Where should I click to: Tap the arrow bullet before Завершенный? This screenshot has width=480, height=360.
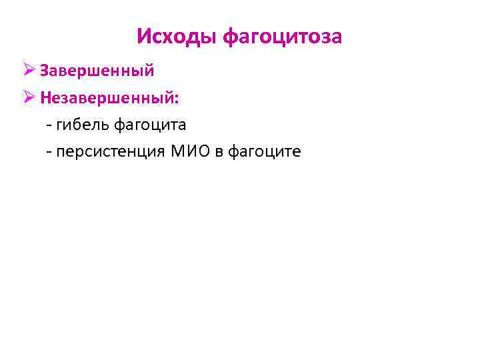coord(29,70)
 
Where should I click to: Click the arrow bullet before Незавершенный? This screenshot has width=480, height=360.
coord(29,97)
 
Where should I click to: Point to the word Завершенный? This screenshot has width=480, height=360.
coord(97,70)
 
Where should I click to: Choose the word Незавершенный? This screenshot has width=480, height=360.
coord(107,97)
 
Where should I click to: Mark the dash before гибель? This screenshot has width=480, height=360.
coord(49,125)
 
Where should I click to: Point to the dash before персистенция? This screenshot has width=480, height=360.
coord(49,153)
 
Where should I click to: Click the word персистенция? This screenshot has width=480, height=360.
coord(112,153)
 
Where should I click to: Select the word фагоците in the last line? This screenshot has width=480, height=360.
coord(265,153)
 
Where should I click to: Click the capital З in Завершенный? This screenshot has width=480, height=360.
coord(44,70)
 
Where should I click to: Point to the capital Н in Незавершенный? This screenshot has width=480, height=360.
coord(45,97)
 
